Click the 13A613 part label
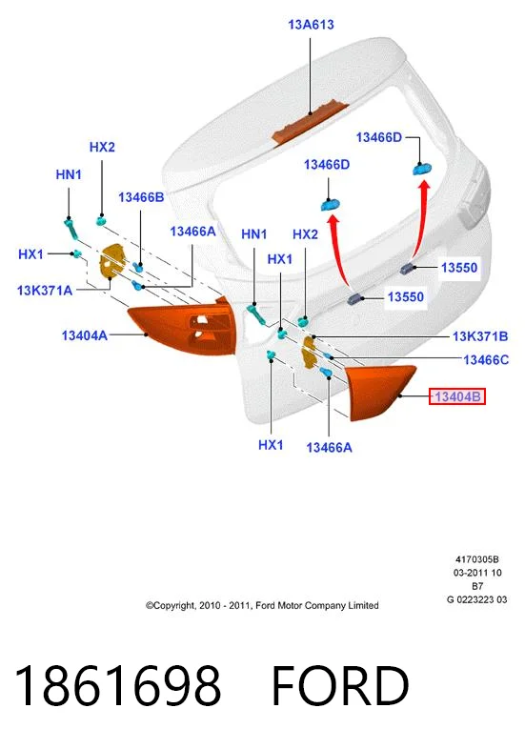click(x=311, y=25)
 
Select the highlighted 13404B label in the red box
click(x=457, y=396)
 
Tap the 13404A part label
click(x=84, y=335)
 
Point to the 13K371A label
click(x=45, y=290)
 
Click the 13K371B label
click(x=480, y=336)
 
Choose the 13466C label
click(x=486, y=359)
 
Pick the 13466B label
click(x=141, y=197)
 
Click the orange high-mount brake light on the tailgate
click(x=311, y=123)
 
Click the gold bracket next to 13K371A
click(x=111, y=261)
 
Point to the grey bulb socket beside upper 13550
click(x=408, y=269)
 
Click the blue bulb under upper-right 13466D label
click(x=422, y=169)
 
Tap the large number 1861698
click(x=118, y=685)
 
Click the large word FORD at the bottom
click(x=340, y=685)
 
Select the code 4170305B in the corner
click(x=476, y=559)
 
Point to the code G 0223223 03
click(x=476, y=599)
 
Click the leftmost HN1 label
click(x=69, y=174)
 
